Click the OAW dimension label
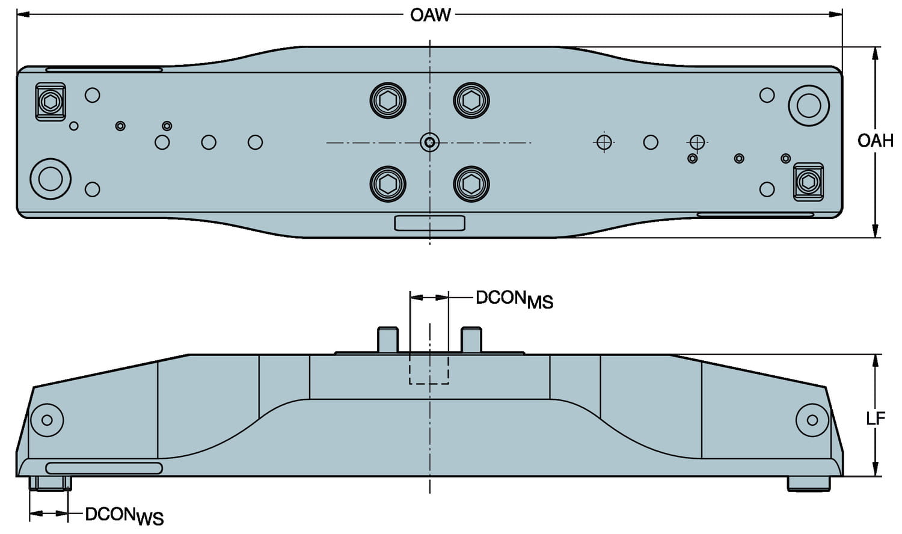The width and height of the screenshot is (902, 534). coord(430,14)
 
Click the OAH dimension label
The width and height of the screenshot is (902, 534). coord(875,141)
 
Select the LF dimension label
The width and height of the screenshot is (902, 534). coord(876,418)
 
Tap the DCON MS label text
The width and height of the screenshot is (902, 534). coord(514,299)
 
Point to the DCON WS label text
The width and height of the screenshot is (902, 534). coord(124,515)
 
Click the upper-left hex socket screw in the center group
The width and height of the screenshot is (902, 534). coord(388,100)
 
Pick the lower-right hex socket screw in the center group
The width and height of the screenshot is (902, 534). coord(471,183)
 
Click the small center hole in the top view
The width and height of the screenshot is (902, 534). coord(429,143)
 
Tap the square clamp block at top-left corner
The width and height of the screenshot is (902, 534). coord(50,102)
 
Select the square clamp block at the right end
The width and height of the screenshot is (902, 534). coord(808,181)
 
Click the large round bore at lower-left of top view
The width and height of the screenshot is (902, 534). coord(51,179)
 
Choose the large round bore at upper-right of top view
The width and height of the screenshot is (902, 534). coord(809,106)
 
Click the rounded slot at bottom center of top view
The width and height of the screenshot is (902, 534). coord(429,223)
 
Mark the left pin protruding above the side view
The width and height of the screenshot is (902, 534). coord(387,340)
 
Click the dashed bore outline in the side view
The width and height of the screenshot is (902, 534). coord(429,369)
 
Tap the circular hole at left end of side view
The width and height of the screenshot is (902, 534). coord(47,420)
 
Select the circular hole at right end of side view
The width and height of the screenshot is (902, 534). coord(812,420)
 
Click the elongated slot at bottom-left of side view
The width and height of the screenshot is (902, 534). coord(104,468)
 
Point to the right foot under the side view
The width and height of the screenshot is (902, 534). coord(809,483)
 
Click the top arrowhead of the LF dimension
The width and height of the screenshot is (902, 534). coord(875,360)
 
